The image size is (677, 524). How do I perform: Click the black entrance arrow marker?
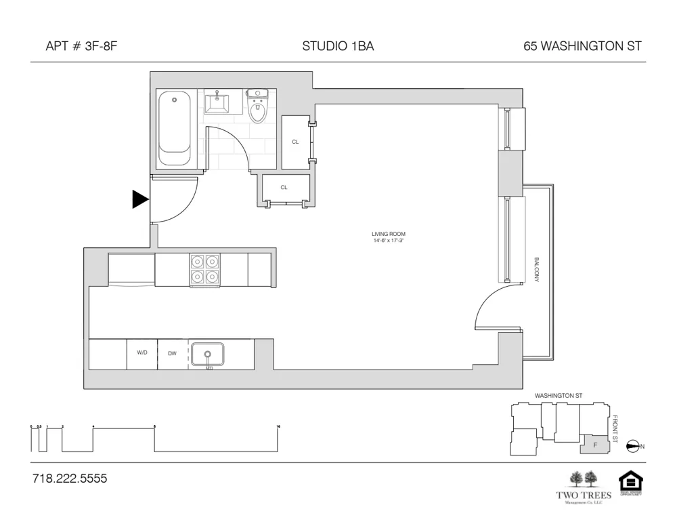click(139, 199)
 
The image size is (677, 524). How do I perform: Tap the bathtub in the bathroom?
click(175, 129)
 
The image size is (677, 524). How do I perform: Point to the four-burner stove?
click(204, 269)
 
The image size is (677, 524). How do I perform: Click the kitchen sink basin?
click(208, 355)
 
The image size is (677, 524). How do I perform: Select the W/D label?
click(142, 352)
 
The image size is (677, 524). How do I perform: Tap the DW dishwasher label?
click(172, 353)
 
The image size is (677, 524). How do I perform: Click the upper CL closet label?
click(295, 142)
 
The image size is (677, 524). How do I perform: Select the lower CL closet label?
click(284, 187)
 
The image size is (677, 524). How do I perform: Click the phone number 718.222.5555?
click(70, 479)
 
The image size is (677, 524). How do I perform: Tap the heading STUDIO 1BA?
click(338, 47)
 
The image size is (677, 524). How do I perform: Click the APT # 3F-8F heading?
click(77, 47)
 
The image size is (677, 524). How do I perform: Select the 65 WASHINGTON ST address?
click(582, 47)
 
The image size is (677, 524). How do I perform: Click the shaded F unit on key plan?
click(595, 445)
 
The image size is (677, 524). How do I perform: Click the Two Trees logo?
click(584, 487)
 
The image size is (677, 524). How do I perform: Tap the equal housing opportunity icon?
click(630, 484)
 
